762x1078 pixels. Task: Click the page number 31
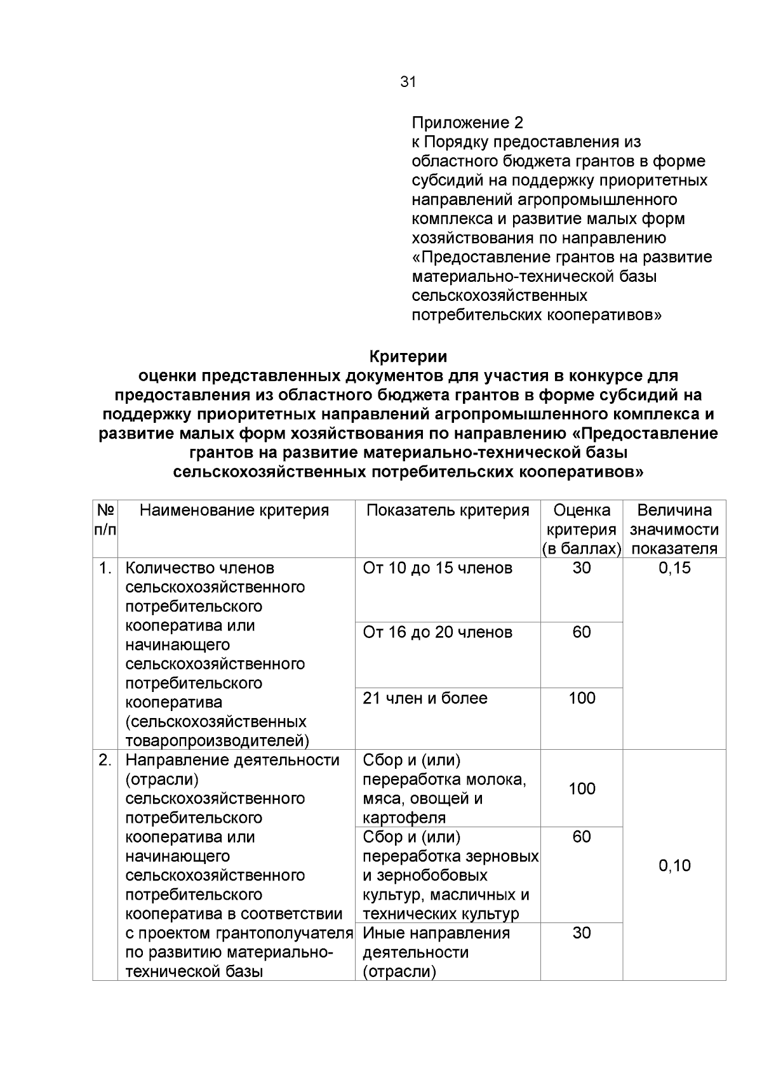click(408, 82)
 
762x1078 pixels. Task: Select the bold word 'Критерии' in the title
click(408, 356)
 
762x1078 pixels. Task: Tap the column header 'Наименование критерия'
click(234, 510)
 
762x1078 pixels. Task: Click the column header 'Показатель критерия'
click(448, 510)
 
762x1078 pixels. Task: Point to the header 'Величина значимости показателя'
click(674, 529)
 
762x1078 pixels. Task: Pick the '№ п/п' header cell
click(105, 520)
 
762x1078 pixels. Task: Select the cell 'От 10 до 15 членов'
click(438, 568)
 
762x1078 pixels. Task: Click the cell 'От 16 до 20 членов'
click(438, 632)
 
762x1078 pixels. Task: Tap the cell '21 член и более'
click(425, 698)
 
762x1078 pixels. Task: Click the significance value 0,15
click(674, 568)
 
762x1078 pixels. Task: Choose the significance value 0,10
click(674, 865)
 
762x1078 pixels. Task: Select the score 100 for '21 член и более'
click(582, 698)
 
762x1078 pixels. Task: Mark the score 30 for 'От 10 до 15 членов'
click(582, 568)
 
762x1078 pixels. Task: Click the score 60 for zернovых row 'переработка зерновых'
click(582, 837)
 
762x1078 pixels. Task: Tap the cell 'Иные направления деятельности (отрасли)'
click(436, 952)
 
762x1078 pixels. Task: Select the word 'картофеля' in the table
click(404, 818)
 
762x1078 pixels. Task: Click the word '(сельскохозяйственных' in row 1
click(216, 722)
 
